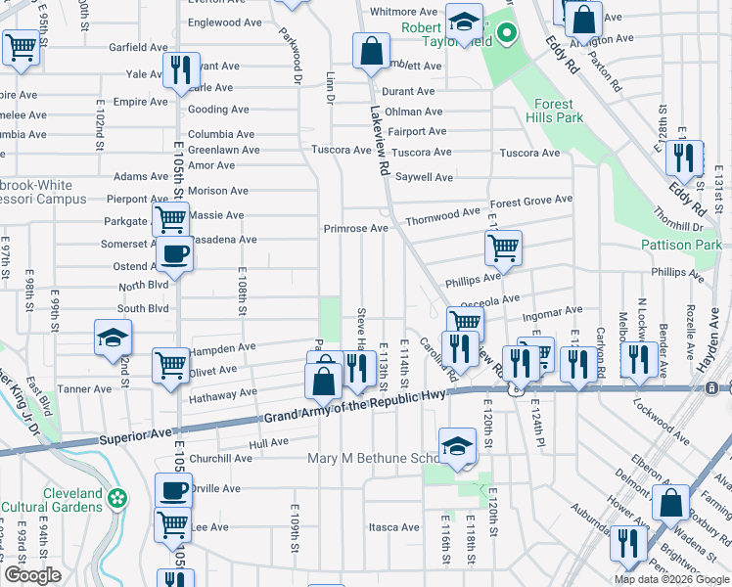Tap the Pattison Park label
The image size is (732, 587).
[681, 245]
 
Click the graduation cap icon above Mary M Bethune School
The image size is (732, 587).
[457, 445]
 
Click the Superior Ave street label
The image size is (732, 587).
[133, 435]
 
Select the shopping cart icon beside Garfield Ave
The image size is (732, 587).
[20, 47]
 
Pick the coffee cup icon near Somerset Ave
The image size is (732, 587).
[174, 254]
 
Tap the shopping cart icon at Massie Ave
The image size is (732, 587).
[169, 219]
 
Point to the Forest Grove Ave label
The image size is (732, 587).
[531, 201]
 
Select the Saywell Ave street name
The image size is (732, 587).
[424, 177]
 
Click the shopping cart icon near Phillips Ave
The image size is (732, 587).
[503, 248]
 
